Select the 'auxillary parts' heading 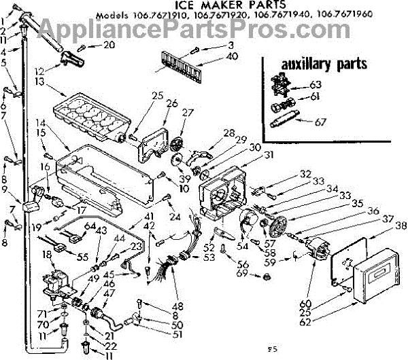pyautogui.click(x=321, y=65)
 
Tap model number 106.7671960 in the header pyautogui.click(x=348, y=32)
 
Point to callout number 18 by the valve pyautogui.click(x=47, y=254)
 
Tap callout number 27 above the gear pyautogui.click(x=188, y=113)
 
